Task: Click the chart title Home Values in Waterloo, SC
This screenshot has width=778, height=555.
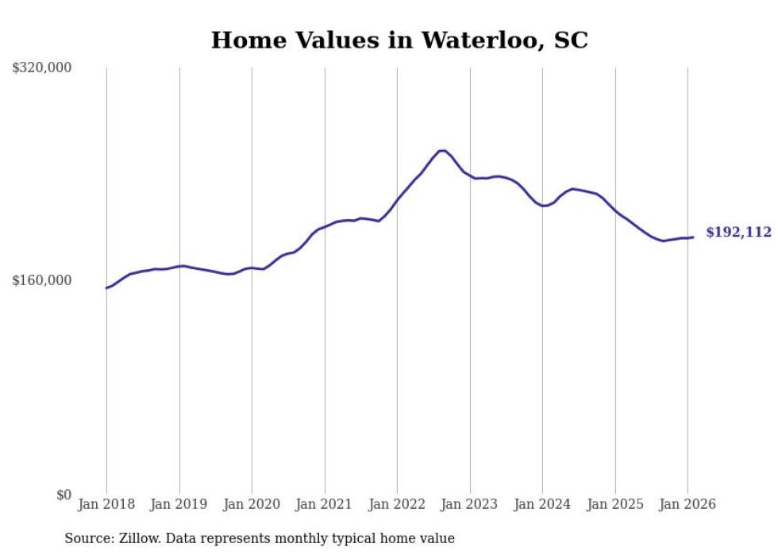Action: [x=399, y=40]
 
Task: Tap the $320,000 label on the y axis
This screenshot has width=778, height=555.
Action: [x=42, y=68]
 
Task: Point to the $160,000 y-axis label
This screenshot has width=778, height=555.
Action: [x=42, y=280]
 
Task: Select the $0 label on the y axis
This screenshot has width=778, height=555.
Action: [x=64, y=495]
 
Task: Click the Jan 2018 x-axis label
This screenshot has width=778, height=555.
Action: [x=106, y=504]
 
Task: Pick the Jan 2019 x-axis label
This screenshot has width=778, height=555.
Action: [x=179, y=504]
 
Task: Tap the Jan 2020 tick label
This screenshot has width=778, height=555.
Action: [x=252, y=504]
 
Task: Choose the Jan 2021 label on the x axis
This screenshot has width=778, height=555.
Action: [x=325, y=504]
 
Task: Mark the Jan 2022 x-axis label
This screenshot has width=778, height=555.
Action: [x=397, y=504]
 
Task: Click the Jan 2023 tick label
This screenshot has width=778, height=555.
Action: [x=470, y=504]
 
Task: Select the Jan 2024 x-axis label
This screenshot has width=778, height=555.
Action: [x=542, y=504]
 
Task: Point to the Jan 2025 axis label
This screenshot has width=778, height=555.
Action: [x=615, y=504]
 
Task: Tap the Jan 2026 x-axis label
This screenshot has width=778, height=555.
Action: [x=687, y=504]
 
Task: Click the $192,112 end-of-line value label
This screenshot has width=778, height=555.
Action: [x=738, y=233]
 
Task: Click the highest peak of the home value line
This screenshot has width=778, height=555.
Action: [x=442, y=151]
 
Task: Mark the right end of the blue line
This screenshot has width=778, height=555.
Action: [x=693, y=237]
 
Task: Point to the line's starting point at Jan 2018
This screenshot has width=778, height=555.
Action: [x=106, y=287]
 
